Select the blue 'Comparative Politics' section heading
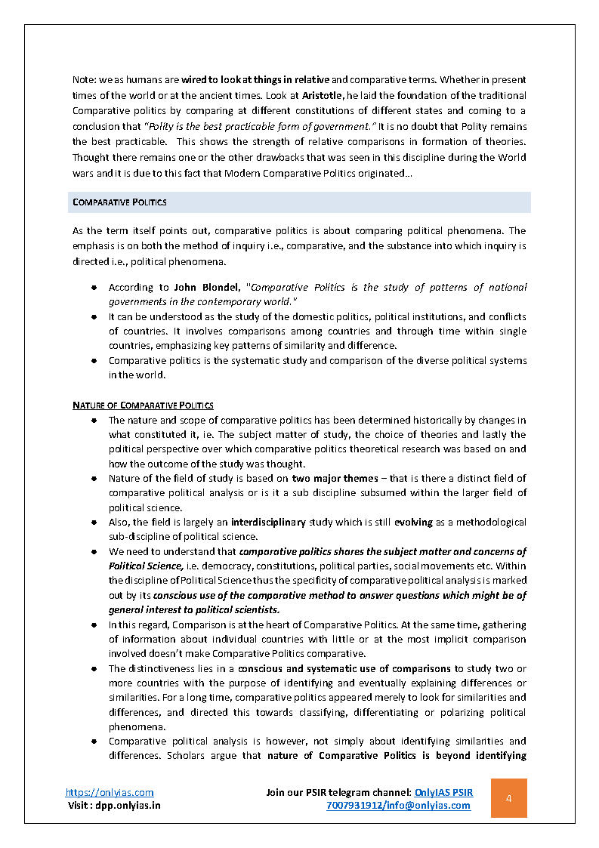(119, 202)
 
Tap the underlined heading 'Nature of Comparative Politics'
(143, 405)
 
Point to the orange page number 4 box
(508, 798)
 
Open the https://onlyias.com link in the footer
(110, 792)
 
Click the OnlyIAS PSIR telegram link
(444, 792)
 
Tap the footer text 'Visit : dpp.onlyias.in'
(115, 805)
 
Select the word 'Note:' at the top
(84, 80)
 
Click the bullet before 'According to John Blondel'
(94, 288)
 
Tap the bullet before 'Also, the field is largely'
(94, 523)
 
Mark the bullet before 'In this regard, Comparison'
(94, 625)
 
